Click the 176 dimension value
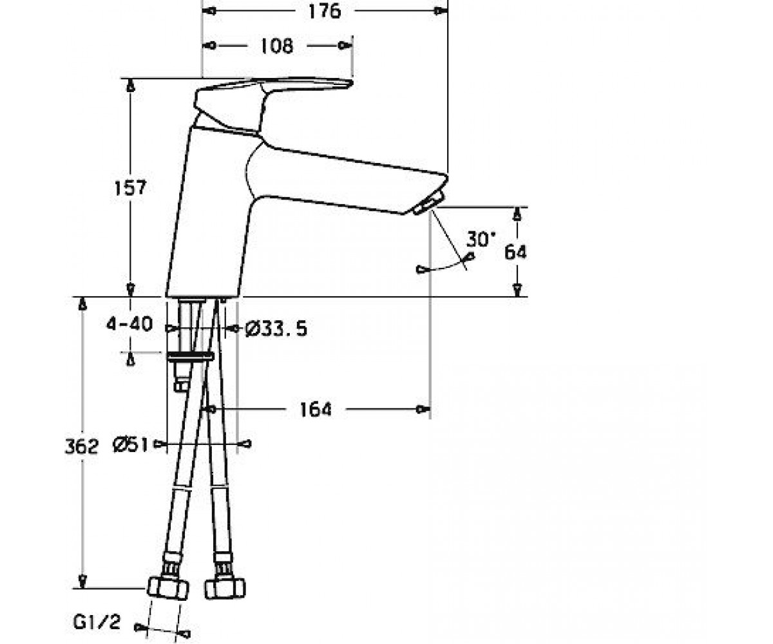pyautogui.click(x=324, y=11)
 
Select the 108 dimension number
pyautogui.click(x=277, y=46)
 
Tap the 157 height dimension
pyautogui.click(x=130, y=188)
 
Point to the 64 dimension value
pyautogui.click(x=515, y=252)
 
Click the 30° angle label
pyautogui.click(x=481, y=239)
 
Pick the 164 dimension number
pyautogui.click(x=316, y=410)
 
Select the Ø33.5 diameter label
pyautogui.click(x=276, y=328)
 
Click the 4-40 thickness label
pyautogui.click(x=129, y=325)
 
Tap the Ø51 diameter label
pyautogui.click(x=130, y=444)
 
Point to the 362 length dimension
pyautogui.click(x=82, y=446)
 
